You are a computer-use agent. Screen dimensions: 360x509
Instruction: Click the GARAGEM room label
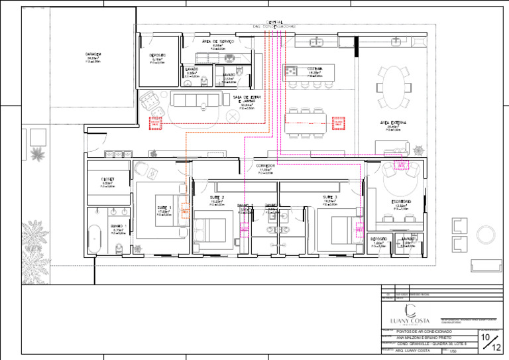pos(93,54)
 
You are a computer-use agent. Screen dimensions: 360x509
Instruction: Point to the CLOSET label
pos(107,179)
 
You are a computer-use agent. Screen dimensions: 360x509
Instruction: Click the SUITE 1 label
pos(164,208)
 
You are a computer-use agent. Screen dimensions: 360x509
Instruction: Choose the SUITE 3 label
pos(330,198)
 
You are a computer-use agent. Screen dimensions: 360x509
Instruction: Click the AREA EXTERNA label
pos(393,123)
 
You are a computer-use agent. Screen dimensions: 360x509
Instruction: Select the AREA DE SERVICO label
pos(218,41)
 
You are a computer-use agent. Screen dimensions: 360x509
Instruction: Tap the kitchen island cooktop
pos(292,70)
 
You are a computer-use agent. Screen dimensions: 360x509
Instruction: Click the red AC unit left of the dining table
pos(155,122)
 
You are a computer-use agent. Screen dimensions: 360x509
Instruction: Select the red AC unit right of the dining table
pos(338,122)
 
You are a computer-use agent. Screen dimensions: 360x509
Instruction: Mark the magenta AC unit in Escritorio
pos(400,165)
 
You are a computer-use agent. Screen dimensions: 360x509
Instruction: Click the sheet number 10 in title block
pos(486,337)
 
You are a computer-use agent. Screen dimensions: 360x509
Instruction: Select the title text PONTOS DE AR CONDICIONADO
pos(424,331)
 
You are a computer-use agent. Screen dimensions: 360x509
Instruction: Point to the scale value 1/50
pos(453,353)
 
